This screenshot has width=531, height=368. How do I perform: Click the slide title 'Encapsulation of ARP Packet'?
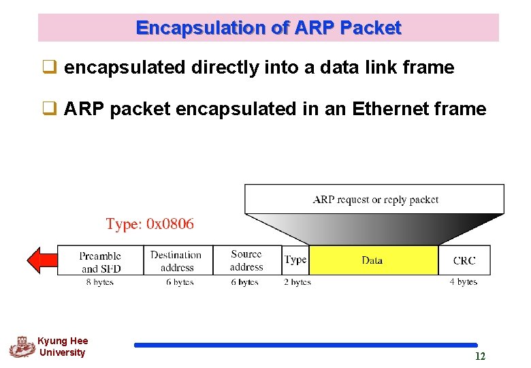(x=268, y=28)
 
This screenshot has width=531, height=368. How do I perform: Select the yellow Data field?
(x=372, y=260)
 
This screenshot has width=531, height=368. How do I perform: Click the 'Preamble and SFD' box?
(x=100, y=262)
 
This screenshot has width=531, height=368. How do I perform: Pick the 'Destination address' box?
(x=177, y=261)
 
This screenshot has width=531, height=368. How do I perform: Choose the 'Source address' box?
(x=246, y=260)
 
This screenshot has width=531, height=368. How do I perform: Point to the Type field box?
(x=295, y=260)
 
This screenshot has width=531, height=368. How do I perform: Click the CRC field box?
(x=464, y=260)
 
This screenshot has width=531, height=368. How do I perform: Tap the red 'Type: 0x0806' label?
(x=150, y=224)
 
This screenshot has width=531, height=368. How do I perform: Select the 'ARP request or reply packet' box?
(x=374, y=199)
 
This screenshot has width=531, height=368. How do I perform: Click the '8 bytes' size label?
(x=99, y=282)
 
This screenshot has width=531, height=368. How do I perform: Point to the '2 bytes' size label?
(x=296, y=282)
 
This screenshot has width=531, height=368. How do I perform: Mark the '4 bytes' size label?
(x=463, y=282)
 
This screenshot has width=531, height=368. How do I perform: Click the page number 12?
(x=480, y=356)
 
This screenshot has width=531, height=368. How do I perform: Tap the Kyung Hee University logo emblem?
(x=22, y=346)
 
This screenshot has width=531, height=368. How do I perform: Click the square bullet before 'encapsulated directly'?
(x=50, y=67)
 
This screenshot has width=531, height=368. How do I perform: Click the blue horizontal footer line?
(x=306, y=345)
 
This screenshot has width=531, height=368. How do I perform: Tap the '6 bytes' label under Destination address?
(x=179, y=282)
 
